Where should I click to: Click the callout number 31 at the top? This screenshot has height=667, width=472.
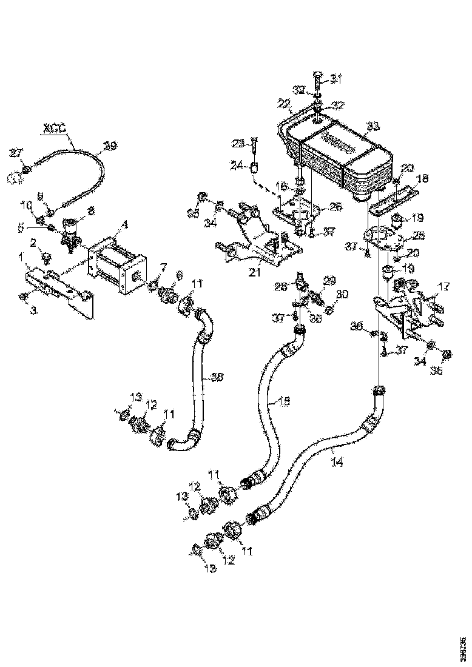[x=335, y=78]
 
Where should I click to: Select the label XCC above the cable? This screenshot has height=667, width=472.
[x=54, y=129]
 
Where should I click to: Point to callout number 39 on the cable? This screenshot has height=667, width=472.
[x=110, y=146]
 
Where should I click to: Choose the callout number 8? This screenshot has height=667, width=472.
[x=92, y=212]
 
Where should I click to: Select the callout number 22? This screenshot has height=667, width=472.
[x=285, y=104]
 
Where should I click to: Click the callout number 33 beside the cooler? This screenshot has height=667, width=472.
[x=372, y=127]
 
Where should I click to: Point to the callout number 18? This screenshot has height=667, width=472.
[x=421, y=179]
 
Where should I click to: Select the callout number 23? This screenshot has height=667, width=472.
[x=238, y=143]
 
